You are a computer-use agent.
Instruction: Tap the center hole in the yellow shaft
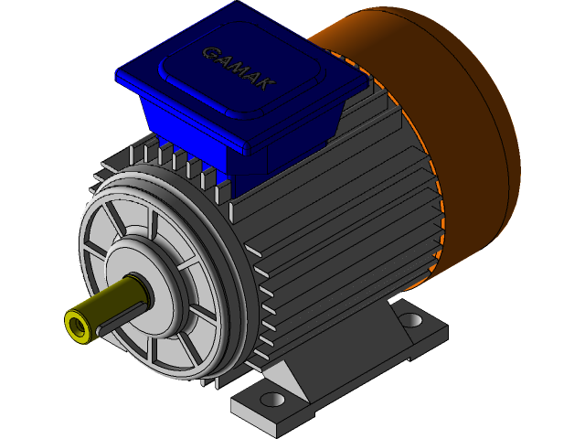[x=76, y=325]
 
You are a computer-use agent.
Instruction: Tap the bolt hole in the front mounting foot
[x=272, y=401]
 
